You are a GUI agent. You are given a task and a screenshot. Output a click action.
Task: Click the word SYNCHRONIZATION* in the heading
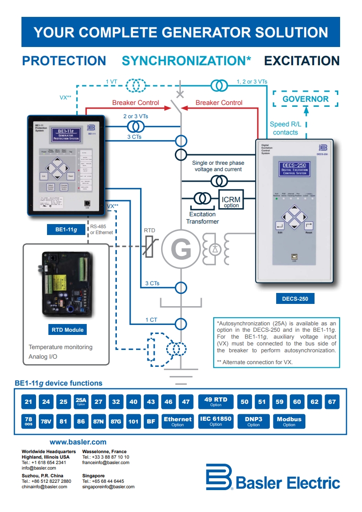click(186, 61)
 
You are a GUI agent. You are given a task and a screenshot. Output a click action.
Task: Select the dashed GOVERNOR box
click(305, 99)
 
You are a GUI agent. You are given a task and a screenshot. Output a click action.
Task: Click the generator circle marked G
click(181, 249)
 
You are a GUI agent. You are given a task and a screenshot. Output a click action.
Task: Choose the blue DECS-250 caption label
click(295, 299)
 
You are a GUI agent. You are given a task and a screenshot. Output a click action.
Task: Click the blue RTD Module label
click(68, 329)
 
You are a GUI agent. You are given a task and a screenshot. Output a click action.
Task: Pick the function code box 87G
click(116, 422)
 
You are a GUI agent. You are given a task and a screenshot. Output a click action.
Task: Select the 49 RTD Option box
click(216, 402)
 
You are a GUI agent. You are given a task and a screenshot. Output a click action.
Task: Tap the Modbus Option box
click(289, 421)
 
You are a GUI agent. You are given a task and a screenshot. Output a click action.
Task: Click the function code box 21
click(29, 402)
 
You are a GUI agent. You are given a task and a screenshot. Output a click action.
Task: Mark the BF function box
click(151, 422)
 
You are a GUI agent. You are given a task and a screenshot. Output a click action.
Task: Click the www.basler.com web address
click(78, 442)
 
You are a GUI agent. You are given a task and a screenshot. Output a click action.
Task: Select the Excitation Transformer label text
click(202, 218)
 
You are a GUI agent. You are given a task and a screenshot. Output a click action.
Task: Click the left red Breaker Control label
click(136, 103)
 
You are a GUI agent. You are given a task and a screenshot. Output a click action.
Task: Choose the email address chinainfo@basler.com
click(44, 487)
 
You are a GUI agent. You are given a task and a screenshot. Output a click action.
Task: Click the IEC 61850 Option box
click(216, 421)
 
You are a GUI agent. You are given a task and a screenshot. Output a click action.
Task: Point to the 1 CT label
click(151, 320)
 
